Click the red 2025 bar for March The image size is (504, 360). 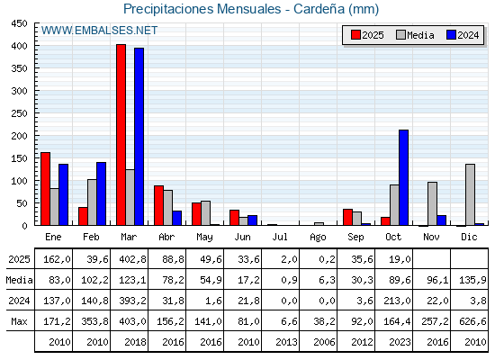tap(121, 135)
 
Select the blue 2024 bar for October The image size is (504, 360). tap(403, 177)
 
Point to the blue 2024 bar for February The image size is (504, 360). tap(101, 193)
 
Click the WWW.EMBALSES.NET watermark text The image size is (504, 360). tap(99, 31)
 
